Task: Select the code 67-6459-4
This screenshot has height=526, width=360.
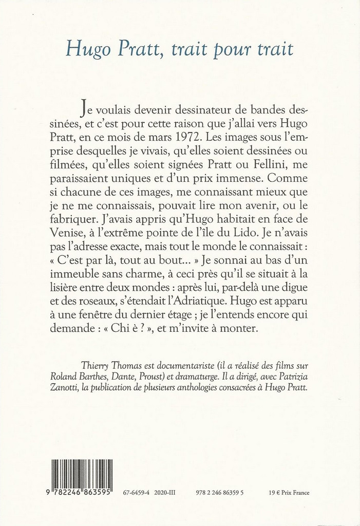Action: tap(136, 493)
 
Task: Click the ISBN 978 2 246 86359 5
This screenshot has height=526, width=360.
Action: tap(219, 493)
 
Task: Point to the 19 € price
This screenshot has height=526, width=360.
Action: tap(274, 493)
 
